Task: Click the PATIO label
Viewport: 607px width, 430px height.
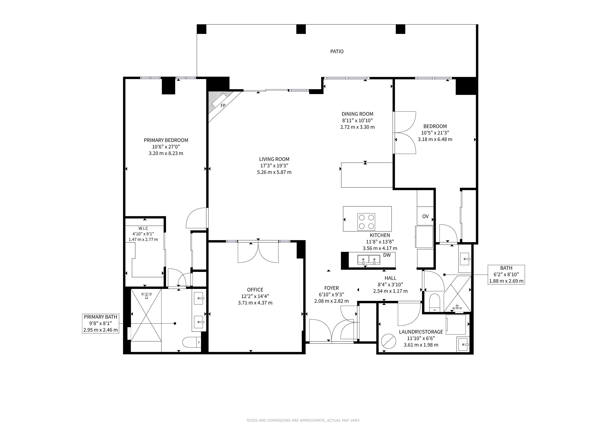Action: [337, 51]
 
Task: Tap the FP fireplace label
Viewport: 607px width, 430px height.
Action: [223, 106]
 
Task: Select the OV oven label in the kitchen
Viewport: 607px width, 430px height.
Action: [425, 216]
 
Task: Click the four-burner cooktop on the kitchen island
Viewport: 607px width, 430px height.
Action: [366, 222]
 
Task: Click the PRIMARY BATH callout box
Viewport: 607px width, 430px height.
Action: [100, 323]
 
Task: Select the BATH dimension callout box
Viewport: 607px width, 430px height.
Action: [506, 275]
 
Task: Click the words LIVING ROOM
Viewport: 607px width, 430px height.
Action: [274, 159]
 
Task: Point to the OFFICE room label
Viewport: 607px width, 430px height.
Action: [255, 290]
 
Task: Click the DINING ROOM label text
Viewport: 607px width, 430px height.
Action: [357, 114]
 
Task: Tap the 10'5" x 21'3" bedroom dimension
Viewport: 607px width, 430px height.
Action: [435, 133]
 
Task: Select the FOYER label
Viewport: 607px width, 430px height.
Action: [332, 288]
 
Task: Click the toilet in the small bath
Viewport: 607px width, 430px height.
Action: [434, 302]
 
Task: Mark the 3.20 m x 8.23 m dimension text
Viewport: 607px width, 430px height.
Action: [166, 153]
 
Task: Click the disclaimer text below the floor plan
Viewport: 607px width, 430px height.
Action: [303, 420]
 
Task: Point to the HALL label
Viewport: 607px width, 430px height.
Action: [390, 278]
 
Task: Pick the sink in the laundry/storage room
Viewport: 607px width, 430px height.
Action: [463, 344]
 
